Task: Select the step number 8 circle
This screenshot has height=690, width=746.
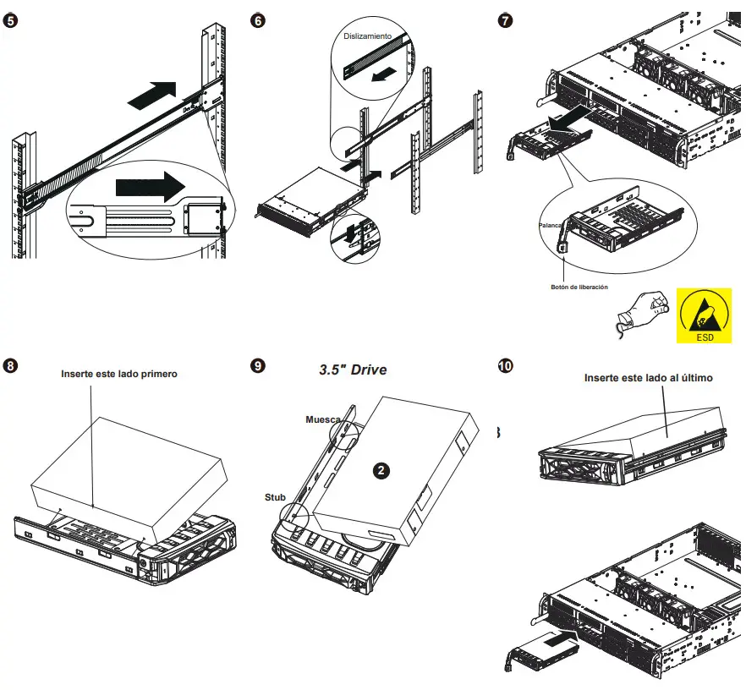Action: click(x=11, y=366)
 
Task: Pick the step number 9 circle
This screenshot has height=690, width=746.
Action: click(x=259, y=366)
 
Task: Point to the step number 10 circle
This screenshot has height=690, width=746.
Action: click(x=506, y=366)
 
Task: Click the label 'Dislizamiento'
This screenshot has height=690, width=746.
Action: click(x=367, y=37)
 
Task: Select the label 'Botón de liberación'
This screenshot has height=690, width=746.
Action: click(x=579, y=287)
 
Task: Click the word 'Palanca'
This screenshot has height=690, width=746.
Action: click(x=551, y=227)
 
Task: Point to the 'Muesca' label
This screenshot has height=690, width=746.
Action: click(x=322, y=419)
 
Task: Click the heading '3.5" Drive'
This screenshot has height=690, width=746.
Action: click(x=353, y=370)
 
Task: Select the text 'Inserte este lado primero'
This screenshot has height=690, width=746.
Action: click(x=119, y=374)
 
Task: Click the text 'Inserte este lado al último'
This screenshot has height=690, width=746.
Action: click(x=648, y=378)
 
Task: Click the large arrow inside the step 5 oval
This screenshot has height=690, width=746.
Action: click(x=150, y=183)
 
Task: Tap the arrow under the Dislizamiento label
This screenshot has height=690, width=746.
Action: click(x=384, y=75)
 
